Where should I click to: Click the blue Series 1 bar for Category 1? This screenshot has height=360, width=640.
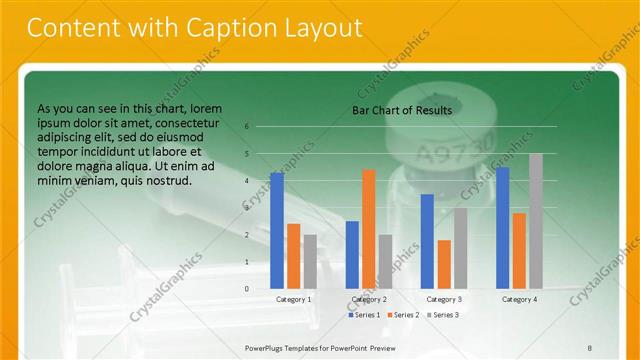(x=277, y=231)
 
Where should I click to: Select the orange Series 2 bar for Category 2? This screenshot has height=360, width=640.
(x=369, y=229)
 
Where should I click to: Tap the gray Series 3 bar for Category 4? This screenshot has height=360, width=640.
(x=535, y=221)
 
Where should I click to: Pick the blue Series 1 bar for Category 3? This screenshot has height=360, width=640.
(x=427, y=241)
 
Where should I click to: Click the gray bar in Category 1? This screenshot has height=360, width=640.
(x=310, y=262)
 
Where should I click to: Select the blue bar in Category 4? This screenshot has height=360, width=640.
(x=502, y=227)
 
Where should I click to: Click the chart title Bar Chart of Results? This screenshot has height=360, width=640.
(x=402, y=110)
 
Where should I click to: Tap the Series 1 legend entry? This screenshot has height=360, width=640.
(x=364, y=315)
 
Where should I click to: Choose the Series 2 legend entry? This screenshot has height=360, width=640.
(x=403, y=315)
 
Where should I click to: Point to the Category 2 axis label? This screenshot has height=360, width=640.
(x=369, y=299)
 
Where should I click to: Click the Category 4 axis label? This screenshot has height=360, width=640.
(x=519, y=299)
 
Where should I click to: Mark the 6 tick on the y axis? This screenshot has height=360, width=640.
(x=247, y=127)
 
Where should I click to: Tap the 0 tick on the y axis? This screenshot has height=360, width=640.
(x=247, y=288)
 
